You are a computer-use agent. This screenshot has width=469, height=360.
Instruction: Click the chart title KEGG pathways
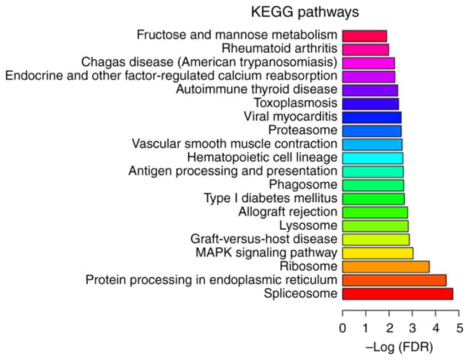[304, 13]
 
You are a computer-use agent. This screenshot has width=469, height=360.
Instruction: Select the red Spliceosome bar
[397, 294]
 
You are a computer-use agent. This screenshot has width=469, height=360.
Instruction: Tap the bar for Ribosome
[386, 267]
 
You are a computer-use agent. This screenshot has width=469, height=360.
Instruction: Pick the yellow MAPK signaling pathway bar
[378, 253]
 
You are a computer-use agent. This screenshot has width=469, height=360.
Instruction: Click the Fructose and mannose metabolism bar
[364, 36]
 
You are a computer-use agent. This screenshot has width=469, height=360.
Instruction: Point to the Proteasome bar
[372, 131]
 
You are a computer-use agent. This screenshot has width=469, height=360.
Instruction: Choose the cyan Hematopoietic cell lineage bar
[372, 158]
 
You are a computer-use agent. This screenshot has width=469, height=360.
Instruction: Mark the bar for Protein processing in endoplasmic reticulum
[394, 280]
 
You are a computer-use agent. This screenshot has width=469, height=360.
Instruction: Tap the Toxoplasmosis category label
[295, 103]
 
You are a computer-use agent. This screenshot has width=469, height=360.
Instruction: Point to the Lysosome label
[308, 225]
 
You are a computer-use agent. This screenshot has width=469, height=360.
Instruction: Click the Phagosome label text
[303, 184]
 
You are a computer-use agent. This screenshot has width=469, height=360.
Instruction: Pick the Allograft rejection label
[287, 211]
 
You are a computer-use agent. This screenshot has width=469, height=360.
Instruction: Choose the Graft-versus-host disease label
[263, 239]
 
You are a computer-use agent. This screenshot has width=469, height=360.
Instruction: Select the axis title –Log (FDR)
[400, 347]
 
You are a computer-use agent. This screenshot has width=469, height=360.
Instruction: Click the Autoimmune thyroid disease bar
[370, 90]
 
